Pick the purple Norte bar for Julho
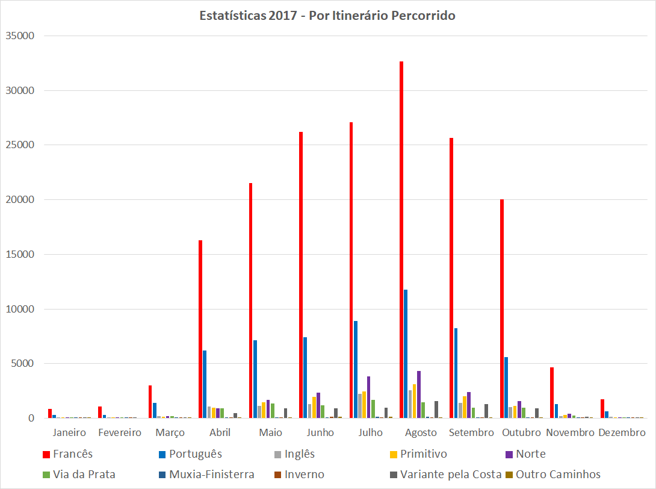coord(368,397)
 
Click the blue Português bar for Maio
coord(255,379)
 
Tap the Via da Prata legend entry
coord(84,475)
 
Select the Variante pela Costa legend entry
coord(451,475)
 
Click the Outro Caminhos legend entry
coord(558,475)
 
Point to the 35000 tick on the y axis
coord(20,36)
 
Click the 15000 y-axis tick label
coord(20,254)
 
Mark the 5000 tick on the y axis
coord(23,364)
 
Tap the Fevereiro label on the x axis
coord(120,432)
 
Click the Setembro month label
coord(472,432)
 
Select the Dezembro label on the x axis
coord(622,432)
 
